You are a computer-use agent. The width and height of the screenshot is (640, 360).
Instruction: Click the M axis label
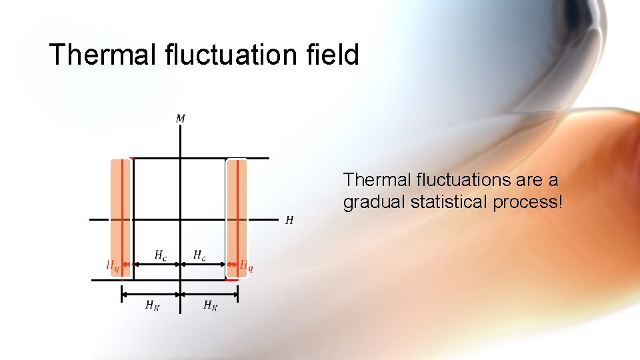[181, 119]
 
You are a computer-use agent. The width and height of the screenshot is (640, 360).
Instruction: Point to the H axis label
[289, 220]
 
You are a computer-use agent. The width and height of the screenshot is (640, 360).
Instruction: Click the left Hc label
[161, 255]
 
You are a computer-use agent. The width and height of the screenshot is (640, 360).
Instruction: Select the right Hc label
[199, 255]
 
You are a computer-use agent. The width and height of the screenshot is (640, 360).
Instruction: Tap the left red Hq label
[113, 265]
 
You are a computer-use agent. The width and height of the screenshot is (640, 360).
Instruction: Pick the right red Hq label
[246, 265]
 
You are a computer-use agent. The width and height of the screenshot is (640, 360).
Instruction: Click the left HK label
[153, 305]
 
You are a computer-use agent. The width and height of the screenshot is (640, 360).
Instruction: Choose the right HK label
[210, 305]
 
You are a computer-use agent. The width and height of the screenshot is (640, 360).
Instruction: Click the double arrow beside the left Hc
[157, 265]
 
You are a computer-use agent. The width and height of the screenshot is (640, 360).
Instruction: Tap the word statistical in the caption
[450, 202]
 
